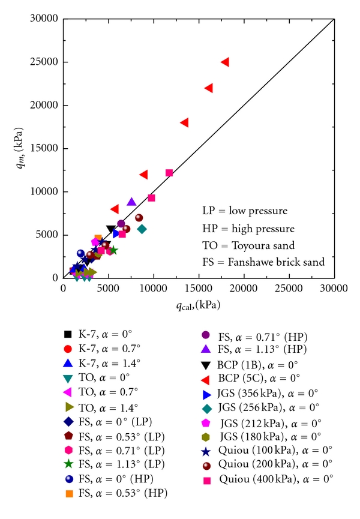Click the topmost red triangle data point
(225, 62)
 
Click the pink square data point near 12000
(169, 173)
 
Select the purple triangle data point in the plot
(131, 202)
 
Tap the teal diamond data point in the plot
(142, 229)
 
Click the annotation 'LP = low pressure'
(244, 211)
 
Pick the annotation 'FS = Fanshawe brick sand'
(263, 262)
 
